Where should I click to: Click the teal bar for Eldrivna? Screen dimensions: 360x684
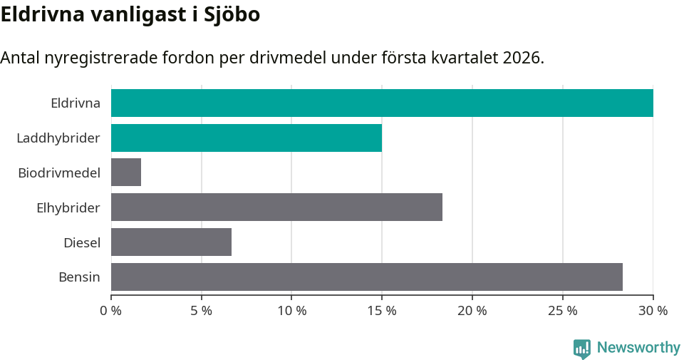[382, 103]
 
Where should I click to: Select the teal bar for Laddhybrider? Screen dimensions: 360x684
[247, 138]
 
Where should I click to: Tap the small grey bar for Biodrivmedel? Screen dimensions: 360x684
[126, 173]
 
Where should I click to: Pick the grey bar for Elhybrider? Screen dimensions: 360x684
[276, 207]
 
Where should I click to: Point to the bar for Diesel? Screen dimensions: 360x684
[171, 242]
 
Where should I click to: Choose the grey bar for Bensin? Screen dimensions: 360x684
[367, 277]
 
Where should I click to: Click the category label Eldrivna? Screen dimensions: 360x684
[76, 103]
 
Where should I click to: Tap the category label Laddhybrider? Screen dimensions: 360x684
[58, 138]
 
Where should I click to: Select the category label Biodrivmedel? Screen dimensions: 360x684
[59, 173]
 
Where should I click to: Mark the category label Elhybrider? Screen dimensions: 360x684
[68, 207]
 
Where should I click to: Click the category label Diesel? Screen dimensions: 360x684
[82, 242]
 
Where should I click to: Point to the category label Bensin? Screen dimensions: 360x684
[79, 277]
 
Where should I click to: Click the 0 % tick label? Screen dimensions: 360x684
[111, 311]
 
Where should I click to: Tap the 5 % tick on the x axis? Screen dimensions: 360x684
[202, 311]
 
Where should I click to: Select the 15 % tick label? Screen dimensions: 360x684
[382, 311]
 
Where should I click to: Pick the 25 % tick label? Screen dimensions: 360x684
[563, 311]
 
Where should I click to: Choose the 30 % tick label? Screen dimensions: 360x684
[653, 311]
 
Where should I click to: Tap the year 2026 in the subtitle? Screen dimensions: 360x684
[521, 58]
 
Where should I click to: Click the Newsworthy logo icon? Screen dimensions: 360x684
[582, 348]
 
